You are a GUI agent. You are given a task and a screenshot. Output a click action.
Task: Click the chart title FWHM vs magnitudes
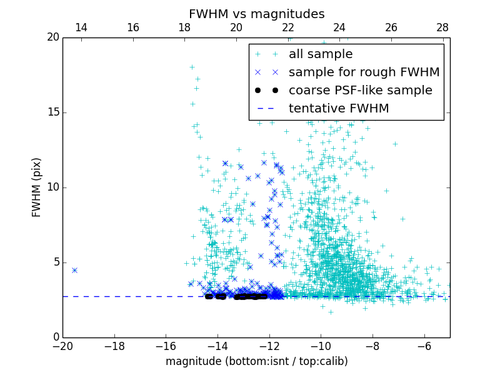click(x=256, y=14)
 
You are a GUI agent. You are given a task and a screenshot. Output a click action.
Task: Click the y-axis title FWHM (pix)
click(x=37, y=187)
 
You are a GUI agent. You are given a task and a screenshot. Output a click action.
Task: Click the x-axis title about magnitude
click(x=256, y=361)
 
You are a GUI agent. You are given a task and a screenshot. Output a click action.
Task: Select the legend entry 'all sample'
click(x=321, y=54)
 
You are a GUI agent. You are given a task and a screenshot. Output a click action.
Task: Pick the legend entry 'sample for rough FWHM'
click(x=364, y=72)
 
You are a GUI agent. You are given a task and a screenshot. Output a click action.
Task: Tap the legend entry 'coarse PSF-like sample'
click(x=360, y=91)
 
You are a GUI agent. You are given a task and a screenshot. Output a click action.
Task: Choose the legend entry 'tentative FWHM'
click(x=339, y=109)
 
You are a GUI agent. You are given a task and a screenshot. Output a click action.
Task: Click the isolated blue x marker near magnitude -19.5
click(x=74, y=270)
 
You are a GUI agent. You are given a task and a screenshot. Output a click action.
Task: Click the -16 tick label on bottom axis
click(x=166, y=346)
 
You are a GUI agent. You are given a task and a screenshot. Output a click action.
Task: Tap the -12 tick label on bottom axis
click(x=269, y=346)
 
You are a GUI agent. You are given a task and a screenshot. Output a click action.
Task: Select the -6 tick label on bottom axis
click(x=424, y=346)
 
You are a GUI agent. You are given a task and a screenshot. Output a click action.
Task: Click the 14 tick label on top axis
click(x=81, y=27)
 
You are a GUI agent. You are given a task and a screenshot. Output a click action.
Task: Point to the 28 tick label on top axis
click(x=442, y=27)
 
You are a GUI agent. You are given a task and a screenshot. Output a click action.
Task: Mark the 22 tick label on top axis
click(x=287, y=27)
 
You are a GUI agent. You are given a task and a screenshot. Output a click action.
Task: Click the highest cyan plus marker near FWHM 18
click(x=192, y=67)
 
